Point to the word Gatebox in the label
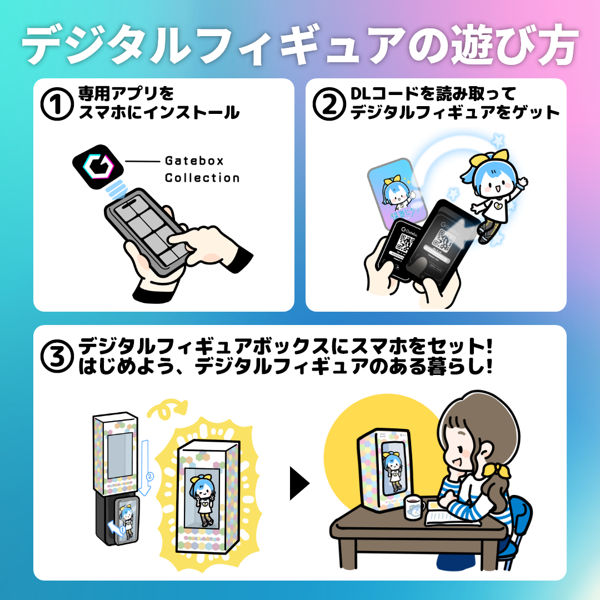(194, 161)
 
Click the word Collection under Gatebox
(202, 178)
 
